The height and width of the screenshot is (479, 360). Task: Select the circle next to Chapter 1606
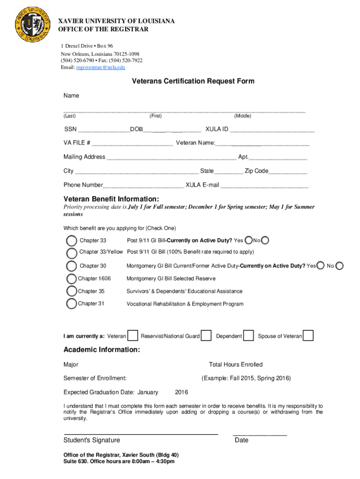pos(72,279)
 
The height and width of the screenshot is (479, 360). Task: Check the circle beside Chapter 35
pos(72,291)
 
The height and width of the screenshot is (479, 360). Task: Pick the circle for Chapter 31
pos(72,304)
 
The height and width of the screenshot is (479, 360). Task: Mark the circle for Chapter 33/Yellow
pos(72,253)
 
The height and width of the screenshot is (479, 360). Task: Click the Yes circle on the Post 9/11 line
pos(249,240)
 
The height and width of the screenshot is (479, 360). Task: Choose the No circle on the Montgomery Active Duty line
pos(340,266)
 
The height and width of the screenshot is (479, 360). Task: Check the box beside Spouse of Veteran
pos(308,336)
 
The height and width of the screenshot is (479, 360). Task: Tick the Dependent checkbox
pos(249,336)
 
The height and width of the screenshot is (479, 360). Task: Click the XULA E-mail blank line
pos(264,188)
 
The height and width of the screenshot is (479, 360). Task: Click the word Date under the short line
pos(242,440)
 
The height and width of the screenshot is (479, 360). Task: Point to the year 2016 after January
pos(181,392)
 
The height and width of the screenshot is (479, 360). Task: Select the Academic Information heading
pos(101,350)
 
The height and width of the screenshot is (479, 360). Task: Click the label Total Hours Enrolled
pos(236,364)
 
